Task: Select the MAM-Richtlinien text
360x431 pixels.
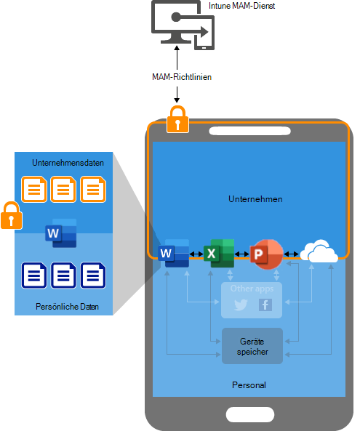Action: pyautogui.click(x=177, y=76)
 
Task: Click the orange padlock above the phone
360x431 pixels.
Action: pyautogui.click(x=177, y=118)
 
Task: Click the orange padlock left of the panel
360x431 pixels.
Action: pyautogui.click(x=10, y=216)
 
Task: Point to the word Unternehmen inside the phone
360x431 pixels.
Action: pyautogui.click(x=255, y=198)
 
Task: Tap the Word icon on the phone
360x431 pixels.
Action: pyautogui.click(x=177, y=253)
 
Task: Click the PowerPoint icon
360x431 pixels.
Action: pyautogui.click(x=265, y=254)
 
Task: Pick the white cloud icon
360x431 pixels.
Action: pyautogui.click(x=320, y=251)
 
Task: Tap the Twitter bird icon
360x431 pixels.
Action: pyautogui.click(x=240, y=305)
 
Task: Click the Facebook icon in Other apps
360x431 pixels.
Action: pyautogui.click(x=265, y=305)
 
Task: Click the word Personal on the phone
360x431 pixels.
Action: pyautogui.click(x=249, y=384)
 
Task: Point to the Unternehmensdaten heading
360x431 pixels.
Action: pyautogui.click(x=68, y=163)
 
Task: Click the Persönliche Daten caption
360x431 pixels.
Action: pyautogui.click(x=68, y=307)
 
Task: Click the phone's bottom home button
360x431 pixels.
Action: pyautogui.click(x=249, y=414)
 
